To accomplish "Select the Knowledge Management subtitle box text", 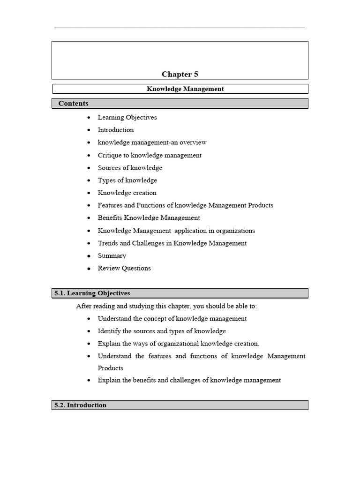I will coord(185,89).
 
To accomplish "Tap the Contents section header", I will coord(73,104).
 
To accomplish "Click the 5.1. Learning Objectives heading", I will coord(92,293).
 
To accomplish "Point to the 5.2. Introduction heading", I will coord(80,405).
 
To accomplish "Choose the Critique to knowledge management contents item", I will coord(150,155).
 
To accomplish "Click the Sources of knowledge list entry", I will coord(130,168).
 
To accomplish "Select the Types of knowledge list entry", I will coord(127,180).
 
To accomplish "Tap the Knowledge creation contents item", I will coord(127,193).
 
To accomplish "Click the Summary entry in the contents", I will coord(112,255).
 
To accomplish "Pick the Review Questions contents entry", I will coord(124,268).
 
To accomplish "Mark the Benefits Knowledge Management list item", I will coord(149,218).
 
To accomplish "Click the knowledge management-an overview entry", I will coord(152,142).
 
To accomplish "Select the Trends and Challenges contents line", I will coord(172,243).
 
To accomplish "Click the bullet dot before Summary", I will coord(89,256).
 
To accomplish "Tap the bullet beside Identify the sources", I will coord(89,331).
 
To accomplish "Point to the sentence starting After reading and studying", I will coord(166,306).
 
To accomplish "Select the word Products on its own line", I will coord(110,368).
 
